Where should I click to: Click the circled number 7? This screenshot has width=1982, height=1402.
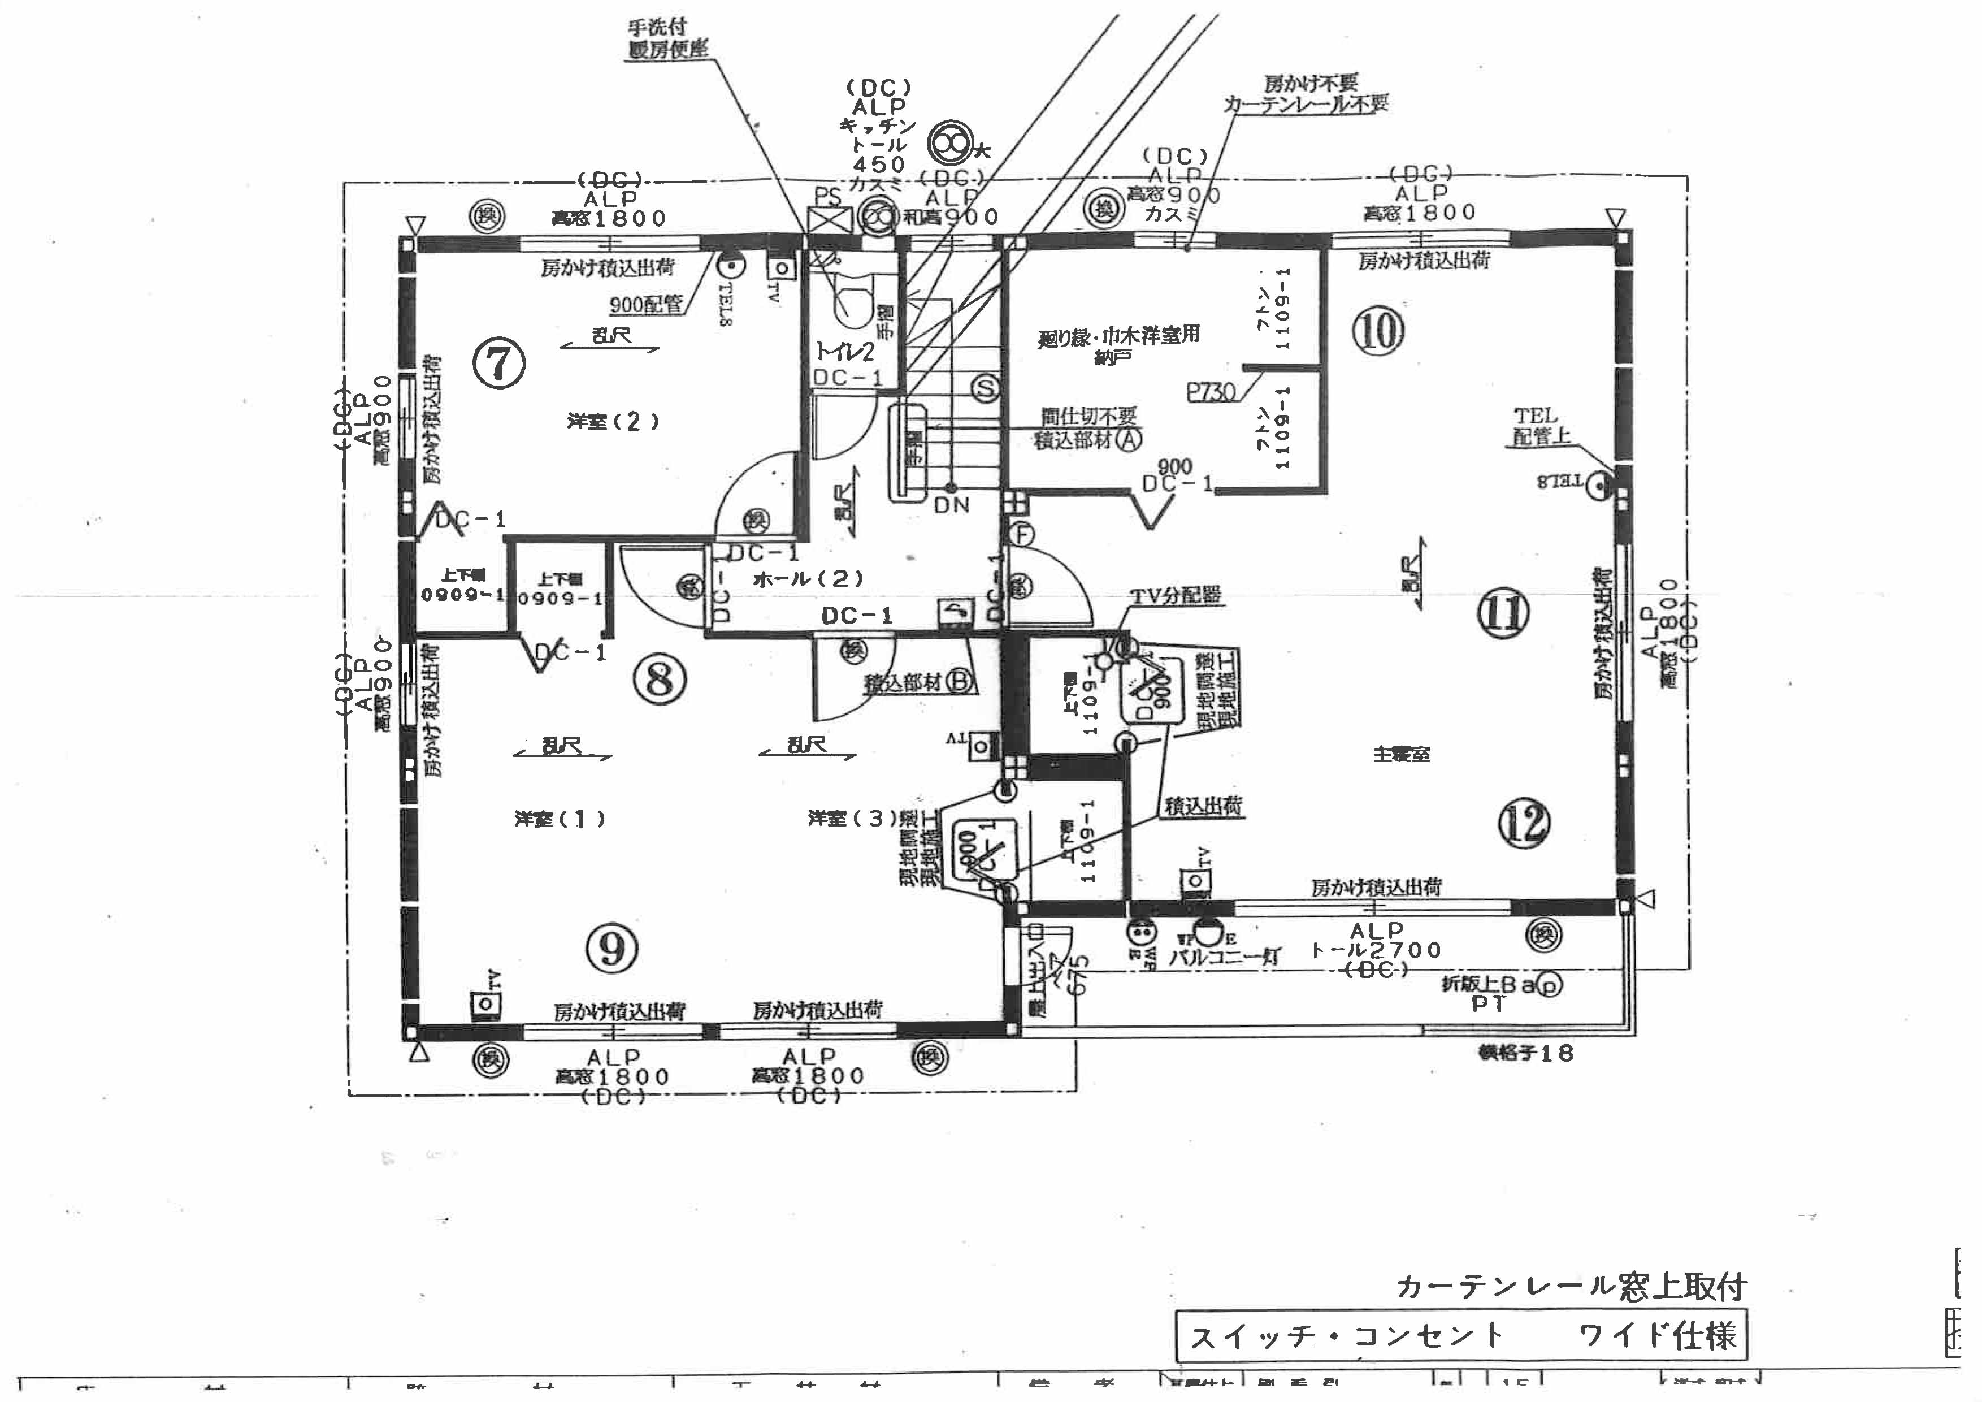[499, 364]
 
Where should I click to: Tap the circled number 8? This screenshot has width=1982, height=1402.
[660, 680]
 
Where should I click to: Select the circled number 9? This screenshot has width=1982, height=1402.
[612, 949]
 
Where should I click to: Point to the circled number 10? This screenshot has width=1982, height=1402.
[1378, 331]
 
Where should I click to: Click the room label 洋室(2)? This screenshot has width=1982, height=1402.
[614, 421]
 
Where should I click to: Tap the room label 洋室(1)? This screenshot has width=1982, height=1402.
[560, 819]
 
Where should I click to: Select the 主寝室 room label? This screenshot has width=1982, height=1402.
[1401, 754]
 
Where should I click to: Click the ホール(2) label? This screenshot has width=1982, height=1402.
[807, 579]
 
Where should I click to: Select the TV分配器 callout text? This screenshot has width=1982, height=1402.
[1176, 595]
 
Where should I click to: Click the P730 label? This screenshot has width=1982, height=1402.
[1211, 392]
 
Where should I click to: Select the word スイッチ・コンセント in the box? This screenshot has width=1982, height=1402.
[1347, 1336]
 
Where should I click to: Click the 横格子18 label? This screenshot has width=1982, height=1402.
[1526, 1053]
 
